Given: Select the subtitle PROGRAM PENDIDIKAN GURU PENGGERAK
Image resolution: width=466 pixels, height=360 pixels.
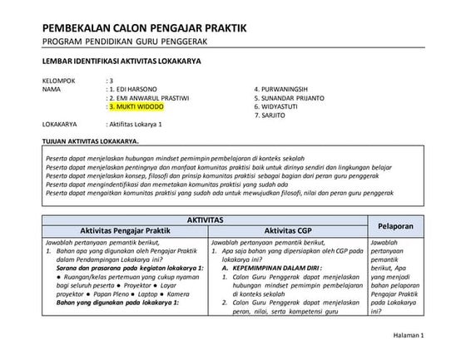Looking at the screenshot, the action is [124, 42].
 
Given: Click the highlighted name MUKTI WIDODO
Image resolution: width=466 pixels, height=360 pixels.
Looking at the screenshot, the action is [139, 106].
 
